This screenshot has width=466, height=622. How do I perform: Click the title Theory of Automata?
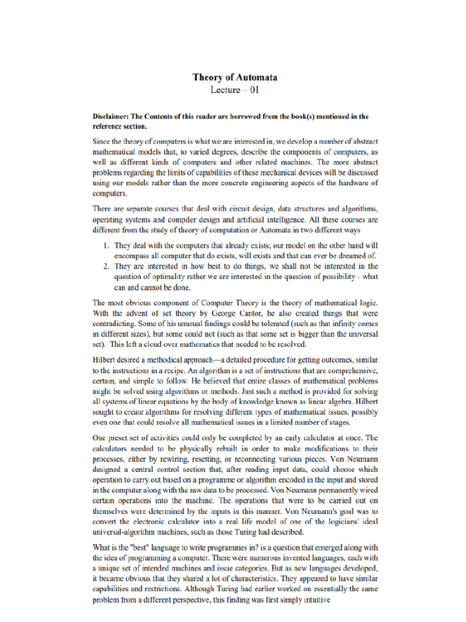235,77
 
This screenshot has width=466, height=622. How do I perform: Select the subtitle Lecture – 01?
235,91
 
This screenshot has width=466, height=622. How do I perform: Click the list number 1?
106,246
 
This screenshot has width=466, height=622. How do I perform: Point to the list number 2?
106,267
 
